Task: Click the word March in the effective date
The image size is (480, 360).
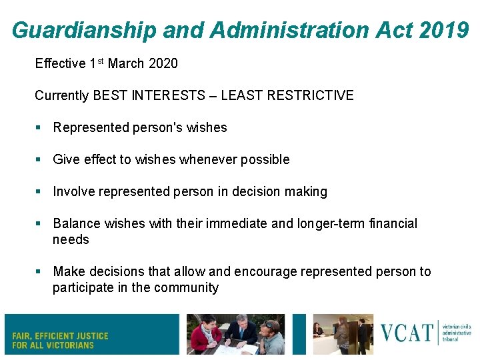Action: pyautogui.click(x=127, y=64)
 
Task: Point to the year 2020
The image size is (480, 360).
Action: pyautogui.click(x=163, y=64)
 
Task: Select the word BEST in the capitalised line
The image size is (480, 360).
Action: pyautogui.click(x=108, y=95)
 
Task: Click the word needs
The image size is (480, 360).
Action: pyautogui.click(x=71, y=239)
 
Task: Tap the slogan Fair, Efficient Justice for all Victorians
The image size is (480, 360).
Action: pyautogui.click(x=60, y=340)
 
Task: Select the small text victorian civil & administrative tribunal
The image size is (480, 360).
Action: pyautogui.click(x=457, y=333)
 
